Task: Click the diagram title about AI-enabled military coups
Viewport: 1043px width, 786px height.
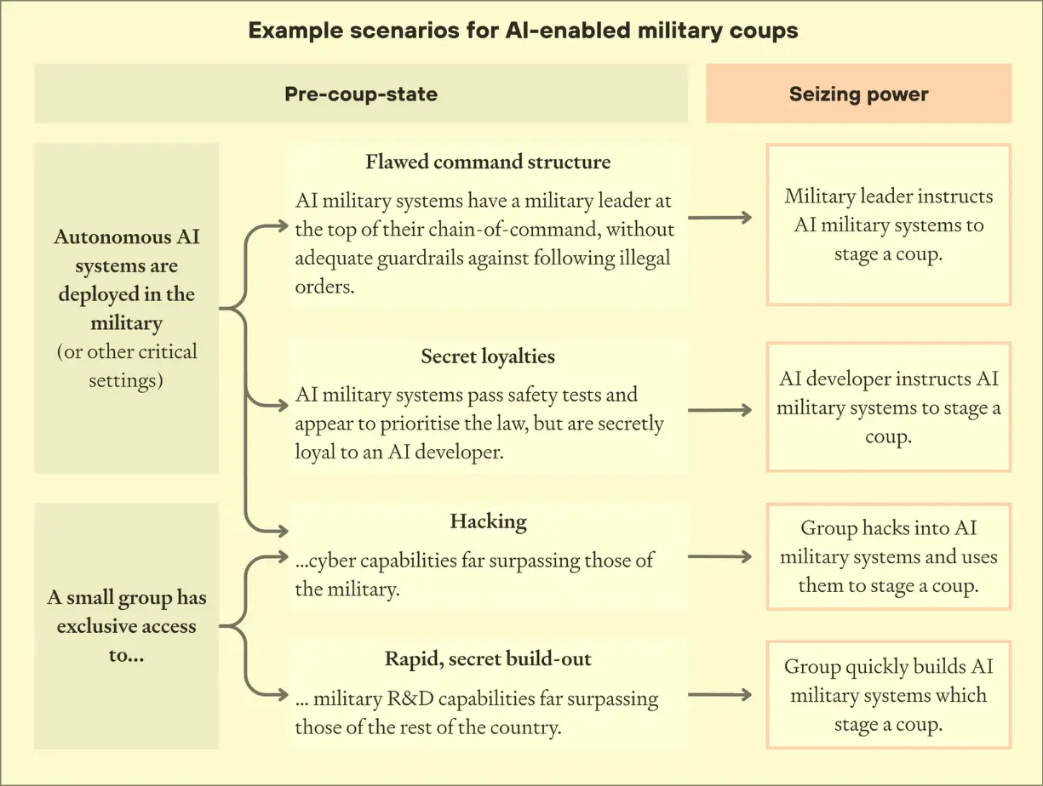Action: (x=523, y=31)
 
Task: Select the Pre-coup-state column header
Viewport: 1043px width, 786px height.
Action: (x=361, y=94)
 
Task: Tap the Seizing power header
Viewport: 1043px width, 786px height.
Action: (x=858, y=94)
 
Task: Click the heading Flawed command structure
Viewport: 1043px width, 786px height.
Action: (x=488, y=162)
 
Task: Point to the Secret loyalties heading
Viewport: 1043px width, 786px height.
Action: (x=488, y=356)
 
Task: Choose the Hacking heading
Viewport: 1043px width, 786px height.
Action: (x=488, y=521)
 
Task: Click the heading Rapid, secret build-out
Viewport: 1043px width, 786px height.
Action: (x=488, y=658)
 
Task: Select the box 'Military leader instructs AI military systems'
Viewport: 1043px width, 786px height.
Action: (x=888, y=225)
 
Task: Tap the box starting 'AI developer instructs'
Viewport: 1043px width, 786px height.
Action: (x=888, y=407)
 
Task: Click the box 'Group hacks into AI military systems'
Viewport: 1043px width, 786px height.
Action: (x=888, y=557)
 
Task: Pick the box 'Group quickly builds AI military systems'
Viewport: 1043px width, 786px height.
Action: (x=888, y=695)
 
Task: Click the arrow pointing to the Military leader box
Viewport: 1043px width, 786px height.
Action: (x=720, y=218)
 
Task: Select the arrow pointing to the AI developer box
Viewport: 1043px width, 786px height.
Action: (x=720, y=410)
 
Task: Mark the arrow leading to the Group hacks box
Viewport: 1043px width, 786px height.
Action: (x=720, y=557)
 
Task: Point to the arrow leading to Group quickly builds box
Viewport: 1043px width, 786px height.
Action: (x=720, y=695)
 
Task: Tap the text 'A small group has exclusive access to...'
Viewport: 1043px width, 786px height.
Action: (x=126, y=626)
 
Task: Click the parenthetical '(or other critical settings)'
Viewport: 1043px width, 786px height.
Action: (x=126, y=366)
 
